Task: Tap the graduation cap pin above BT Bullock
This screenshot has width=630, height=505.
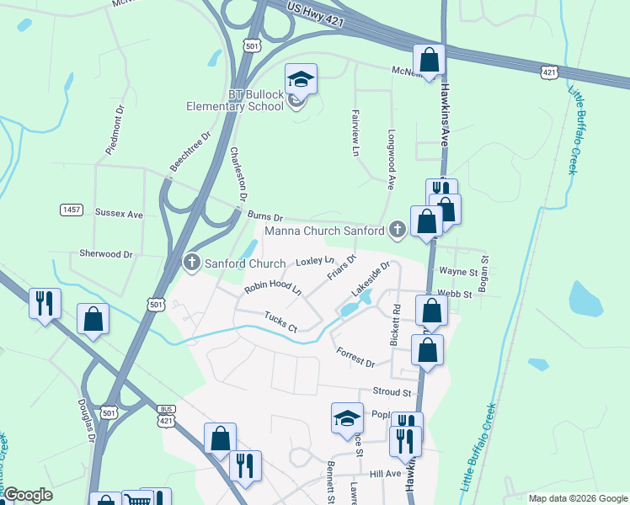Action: point(301,80)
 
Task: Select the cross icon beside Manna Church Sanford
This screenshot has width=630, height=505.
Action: point(398,230)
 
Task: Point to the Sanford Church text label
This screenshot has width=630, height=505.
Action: point(232,262)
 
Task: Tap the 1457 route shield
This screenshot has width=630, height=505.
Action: point(72,209)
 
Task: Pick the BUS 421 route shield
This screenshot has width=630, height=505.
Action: point(166,415)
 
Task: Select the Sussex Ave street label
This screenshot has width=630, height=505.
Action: point(119,215)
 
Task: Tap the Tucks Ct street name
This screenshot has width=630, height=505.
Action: point(280,322)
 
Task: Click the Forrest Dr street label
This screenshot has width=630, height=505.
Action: point(355,357)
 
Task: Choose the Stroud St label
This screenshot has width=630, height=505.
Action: point(391,392)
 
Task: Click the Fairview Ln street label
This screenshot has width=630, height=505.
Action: point(354,134)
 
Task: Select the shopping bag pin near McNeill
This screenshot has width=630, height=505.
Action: point(430,61)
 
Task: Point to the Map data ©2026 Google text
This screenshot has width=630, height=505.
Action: point(577,498)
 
